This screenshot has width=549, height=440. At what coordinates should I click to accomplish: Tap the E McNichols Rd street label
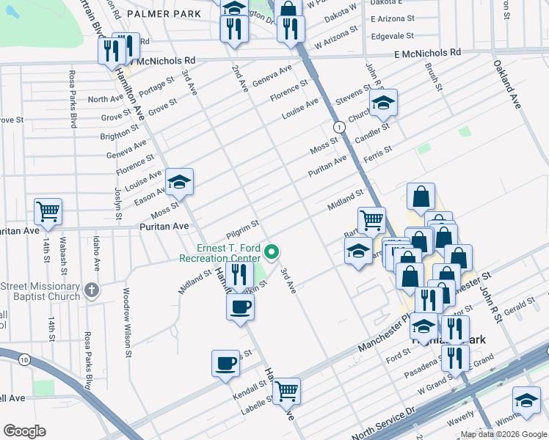click(x=427, y=53)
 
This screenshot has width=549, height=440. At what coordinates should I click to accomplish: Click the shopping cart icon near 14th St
click(x=48, y=211)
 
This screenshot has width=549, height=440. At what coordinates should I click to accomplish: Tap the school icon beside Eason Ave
click(x=179, y=181)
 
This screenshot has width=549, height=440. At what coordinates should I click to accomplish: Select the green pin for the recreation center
click(x=272, y=253)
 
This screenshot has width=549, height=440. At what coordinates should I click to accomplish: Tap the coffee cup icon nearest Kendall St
click(x=225, y=362)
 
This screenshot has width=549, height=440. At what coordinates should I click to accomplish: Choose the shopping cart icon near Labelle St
click(x=286, y=390)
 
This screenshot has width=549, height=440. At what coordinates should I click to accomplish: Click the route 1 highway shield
click(x=338, y=128)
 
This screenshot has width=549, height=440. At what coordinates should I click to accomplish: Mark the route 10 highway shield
click(x=25, y=359)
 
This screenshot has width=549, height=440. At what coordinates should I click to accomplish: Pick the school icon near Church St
click(x=382, y=103)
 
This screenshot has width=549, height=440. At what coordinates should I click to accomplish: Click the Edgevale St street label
click(x=393, y=35)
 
